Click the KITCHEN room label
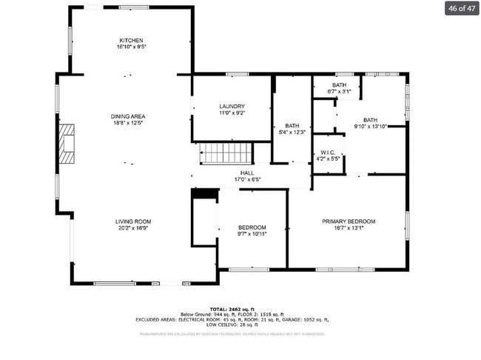coord(131,40)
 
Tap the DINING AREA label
coord(128,116)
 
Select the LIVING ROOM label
coord(133,221)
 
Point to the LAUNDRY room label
coord(232,107)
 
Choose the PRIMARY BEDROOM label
coord(348,221)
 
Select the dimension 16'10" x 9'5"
coord(131,47)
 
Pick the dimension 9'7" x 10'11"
coord(252,233)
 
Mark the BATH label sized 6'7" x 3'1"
coord(339,85)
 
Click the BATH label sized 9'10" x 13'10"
coord(370,120)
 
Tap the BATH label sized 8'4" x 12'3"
coord(292,126)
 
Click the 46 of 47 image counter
coord(461,9)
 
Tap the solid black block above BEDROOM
coord(206,193)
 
